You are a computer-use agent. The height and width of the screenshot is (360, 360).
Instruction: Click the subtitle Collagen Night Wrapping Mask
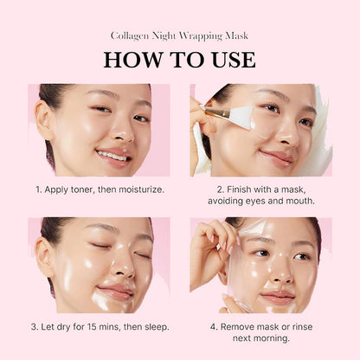tap(179, 35)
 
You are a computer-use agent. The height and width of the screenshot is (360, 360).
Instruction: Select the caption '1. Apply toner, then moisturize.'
tap(99, 188)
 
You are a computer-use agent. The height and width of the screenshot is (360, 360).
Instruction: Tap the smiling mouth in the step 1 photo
tap(114, 156)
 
